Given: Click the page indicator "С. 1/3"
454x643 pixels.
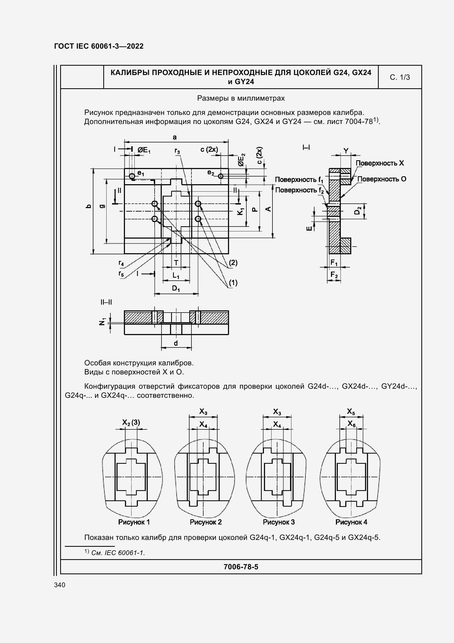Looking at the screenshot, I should point(399,77).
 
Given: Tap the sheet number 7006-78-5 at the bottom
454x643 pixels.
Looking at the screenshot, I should point(241,567).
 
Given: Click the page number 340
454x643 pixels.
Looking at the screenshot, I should point(60,585).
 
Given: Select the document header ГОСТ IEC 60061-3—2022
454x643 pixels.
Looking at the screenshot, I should point(99,46).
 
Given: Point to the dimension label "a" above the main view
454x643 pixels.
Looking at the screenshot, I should point(175,137).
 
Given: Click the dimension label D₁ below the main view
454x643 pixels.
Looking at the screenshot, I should point(176,288).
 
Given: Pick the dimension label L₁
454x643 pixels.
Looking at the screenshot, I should point(176,275).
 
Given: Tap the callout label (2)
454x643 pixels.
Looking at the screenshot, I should point(233,263).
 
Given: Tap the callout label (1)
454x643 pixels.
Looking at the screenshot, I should point(233,283).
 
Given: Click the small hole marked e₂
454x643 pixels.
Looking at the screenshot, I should point(221,176).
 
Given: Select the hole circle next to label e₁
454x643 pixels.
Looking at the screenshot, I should point(132,176).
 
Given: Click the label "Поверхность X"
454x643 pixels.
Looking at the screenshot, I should point(379,163).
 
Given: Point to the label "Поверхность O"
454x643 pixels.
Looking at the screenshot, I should point(381,179).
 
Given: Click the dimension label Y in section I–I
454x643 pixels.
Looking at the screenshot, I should point(346,151).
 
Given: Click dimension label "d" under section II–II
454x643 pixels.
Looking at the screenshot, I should point(176,343).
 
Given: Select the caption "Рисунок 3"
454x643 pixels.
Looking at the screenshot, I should point(278,522).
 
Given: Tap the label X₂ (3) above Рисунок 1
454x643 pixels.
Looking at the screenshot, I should point(131,422).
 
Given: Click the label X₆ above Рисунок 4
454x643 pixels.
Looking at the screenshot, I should point(351,424).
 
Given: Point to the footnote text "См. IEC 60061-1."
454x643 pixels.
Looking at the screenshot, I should point(118,553).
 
